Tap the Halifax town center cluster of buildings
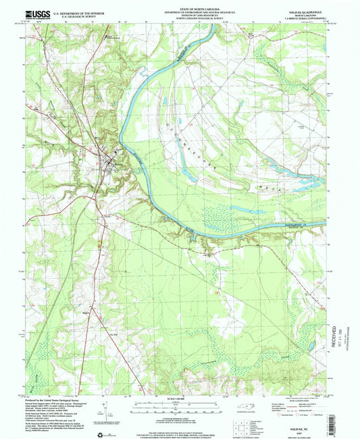[x=107, y=160]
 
